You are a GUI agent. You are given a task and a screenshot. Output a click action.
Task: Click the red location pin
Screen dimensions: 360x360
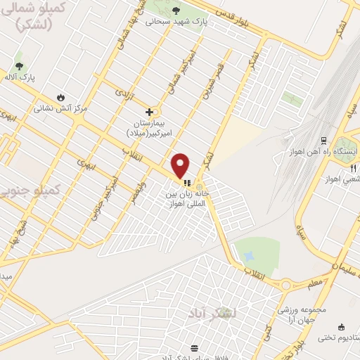[181, 165]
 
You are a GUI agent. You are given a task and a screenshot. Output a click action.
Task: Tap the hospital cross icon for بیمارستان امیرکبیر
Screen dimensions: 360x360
[149, 111]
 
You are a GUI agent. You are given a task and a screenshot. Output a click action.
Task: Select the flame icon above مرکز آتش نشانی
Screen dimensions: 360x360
[60, 97]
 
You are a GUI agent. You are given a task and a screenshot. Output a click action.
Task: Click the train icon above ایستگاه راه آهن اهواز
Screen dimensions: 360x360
[324, 141]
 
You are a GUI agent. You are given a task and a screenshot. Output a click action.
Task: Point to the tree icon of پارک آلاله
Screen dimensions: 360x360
[19, 65]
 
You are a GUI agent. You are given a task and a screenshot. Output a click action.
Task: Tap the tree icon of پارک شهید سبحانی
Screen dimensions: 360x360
[176, 10]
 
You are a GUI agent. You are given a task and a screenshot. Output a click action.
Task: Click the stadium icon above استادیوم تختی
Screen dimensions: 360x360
[341, 327]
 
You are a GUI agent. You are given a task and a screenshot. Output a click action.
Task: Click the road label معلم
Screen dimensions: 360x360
[315, 282]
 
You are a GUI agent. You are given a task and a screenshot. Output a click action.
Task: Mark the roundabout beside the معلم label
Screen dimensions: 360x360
[287, 285]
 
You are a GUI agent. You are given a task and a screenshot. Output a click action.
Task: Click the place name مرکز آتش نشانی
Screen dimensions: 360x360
[61, 108]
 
